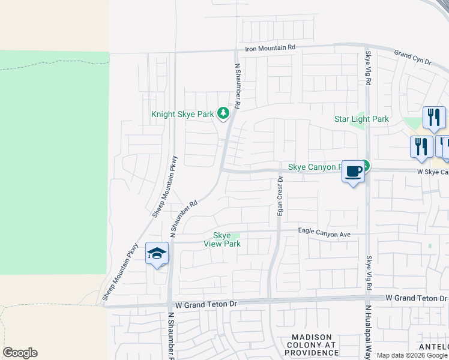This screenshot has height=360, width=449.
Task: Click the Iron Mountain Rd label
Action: tap(270, 47)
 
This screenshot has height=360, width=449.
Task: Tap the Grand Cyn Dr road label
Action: tap(413, 58)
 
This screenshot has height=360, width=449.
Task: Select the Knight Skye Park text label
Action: tap(183, 113)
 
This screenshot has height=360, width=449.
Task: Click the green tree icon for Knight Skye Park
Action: tap(223, 113)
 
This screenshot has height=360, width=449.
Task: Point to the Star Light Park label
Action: tap(361, 119)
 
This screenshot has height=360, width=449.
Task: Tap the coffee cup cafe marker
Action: tap(354, 173)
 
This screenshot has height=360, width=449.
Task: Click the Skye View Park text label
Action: tap(223, 239)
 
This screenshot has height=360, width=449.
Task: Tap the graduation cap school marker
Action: tap(157, 254)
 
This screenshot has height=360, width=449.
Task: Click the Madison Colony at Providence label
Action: tap(312, 345)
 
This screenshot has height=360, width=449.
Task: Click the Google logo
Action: tap(20, 353)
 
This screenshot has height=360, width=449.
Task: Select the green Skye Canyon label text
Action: tap(315, 166)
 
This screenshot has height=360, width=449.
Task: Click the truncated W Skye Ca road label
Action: tap(433, 172)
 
